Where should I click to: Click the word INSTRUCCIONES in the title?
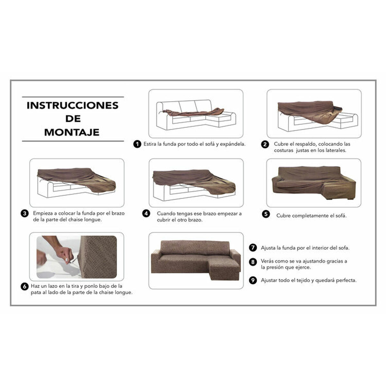73,106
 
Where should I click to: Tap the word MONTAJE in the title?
72,132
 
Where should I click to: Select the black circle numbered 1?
137,144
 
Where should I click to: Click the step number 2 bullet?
265,144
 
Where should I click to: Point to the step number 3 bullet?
24,213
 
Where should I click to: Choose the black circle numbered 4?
146,214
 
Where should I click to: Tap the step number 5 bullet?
266,214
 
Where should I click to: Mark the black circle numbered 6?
24,286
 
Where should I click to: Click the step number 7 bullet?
253,248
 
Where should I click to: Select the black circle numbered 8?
253,262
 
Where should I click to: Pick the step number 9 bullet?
253,280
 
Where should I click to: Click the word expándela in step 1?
233,144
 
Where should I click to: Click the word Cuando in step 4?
166,214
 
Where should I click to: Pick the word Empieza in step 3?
42,213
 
